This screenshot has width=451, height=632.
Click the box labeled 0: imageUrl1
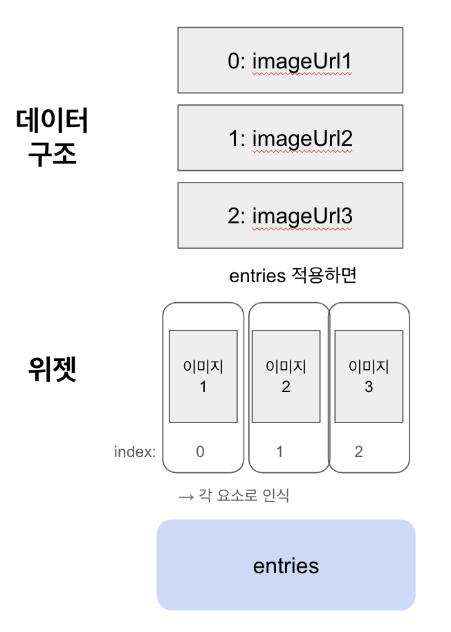pos(290,60)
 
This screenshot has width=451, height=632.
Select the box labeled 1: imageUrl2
pos(290,138)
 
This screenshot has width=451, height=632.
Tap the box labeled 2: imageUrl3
pos(290,215)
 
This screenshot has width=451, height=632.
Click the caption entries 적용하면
pos(292,276)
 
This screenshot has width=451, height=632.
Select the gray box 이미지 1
pos(203,376)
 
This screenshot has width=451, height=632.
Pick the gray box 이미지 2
pos(286,376)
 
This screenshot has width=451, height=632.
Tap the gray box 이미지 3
pos(368,376)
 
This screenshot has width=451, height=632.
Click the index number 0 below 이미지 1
pos(201,452)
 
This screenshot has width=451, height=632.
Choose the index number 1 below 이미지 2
pos(279,452)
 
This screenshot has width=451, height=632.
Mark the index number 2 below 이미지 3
pos(358,452)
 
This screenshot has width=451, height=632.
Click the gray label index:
pos(135,452)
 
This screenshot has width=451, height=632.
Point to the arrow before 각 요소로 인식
pos(185,496)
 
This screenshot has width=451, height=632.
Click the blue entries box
pos(286,565)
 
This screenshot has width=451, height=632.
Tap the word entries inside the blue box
pos(286,566)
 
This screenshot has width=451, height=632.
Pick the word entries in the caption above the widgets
pos(257,276)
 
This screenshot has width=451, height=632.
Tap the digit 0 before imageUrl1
pos(233,62)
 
